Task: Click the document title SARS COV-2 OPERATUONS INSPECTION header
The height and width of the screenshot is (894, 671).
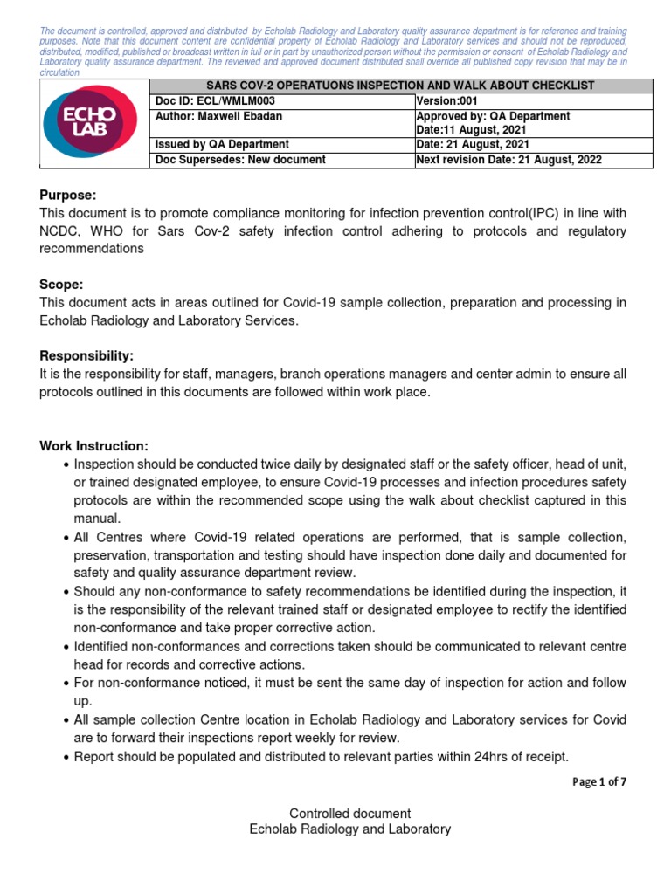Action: pos(401,86)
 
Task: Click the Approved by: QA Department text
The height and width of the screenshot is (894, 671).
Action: pos(494,116)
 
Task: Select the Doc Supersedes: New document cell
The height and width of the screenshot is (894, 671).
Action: pos(240,160)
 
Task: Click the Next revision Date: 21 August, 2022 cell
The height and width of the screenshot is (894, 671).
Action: pos(509,160)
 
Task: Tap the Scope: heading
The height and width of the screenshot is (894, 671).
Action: pos(61,285)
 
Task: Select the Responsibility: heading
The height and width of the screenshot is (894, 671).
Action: pos(87,356)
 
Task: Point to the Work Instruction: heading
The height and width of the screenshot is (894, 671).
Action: pos(94,446)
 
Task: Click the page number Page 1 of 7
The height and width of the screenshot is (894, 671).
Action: pos(598,782)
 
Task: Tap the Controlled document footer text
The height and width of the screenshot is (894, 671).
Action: pos(349,813)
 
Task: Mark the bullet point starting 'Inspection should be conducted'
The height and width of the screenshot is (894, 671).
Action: pos(67,464)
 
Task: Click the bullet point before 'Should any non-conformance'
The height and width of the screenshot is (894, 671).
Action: pos(67,592)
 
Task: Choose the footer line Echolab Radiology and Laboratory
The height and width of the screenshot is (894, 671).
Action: pos(349,829)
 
